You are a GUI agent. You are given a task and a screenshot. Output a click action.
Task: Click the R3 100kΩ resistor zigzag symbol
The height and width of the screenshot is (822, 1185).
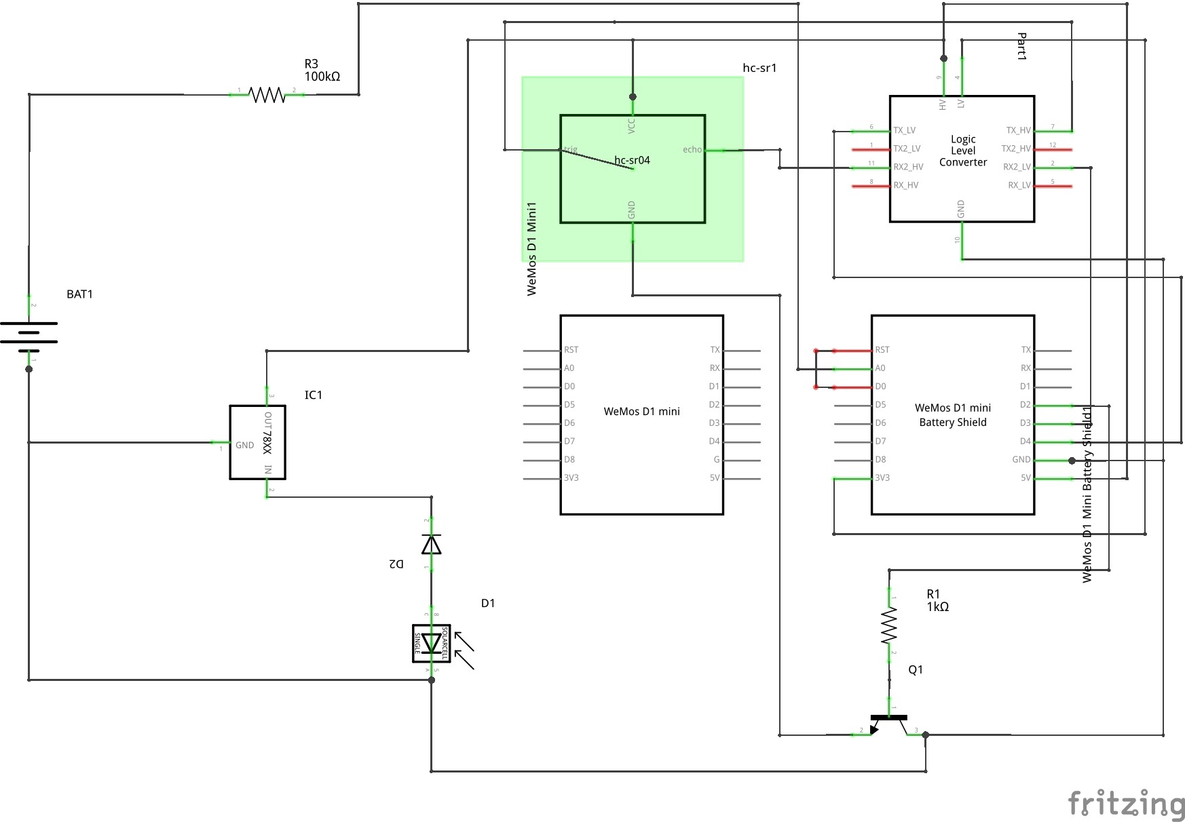[x=267, y=94]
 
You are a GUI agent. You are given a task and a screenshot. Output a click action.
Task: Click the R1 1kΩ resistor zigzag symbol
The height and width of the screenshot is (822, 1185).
[x=889, y=625]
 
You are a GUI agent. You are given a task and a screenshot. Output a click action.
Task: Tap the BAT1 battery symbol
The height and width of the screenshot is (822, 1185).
[x=29, y=336]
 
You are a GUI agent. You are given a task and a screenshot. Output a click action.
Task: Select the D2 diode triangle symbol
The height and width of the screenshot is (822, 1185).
[x=431, y=544]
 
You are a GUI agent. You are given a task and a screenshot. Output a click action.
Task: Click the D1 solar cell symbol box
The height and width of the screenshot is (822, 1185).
[x=431, y=643]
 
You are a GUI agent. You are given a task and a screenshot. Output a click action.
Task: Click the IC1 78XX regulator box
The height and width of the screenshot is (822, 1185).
[x=257, y=442]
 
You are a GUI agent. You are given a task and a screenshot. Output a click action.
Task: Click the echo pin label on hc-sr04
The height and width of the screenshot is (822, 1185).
[x=692, y=149]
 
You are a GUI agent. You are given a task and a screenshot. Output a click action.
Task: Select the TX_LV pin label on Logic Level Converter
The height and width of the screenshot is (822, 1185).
[x=904, y=130]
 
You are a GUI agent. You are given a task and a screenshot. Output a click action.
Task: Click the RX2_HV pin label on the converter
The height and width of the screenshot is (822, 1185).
[x=908, y=167]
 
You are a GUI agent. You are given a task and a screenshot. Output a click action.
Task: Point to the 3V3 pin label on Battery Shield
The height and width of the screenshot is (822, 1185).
[x=882, y=477]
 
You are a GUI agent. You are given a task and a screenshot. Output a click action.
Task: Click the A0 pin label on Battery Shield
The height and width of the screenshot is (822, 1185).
[x=880, y=368]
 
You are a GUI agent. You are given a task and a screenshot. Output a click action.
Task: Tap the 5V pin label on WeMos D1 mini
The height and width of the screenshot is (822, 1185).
[x=714, y=477]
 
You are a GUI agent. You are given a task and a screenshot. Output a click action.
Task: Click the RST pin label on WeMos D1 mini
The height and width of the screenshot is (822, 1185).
[x=571, y=350]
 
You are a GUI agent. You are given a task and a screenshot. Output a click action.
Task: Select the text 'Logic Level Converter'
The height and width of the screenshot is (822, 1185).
[x=962, y=151]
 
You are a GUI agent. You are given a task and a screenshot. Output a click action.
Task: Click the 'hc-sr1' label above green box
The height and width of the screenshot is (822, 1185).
[x=759, y=68]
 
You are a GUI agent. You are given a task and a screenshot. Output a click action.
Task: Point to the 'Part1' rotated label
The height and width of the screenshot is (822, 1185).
[x=1021, y=46]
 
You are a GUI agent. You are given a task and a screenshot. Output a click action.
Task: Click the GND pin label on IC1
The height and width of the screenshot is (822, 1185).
[x=244, y=446]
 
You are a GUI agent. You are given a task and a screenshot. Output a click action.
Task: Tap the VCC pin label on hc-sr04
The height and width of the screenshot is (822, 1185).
[x=631, y=125]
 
